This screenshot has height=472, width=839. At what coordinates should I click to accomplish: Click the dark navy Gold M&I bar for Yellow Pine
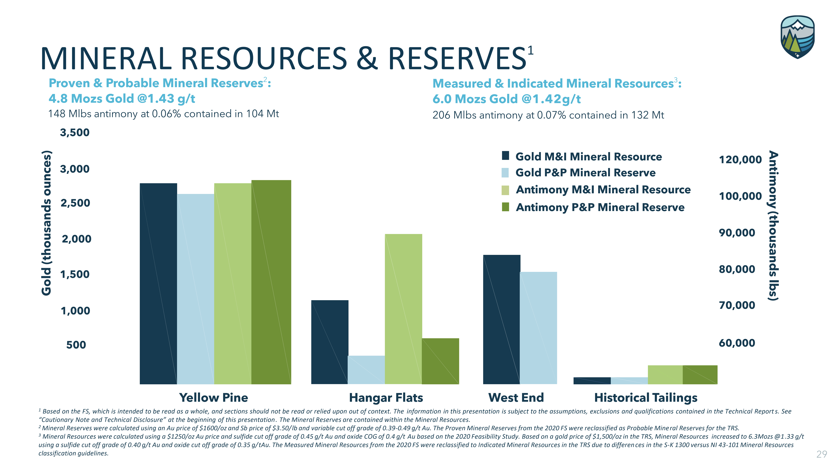[158, 283]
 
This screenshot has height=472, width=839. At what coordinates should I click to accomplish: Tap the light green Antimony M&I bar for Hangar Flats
[403, 309]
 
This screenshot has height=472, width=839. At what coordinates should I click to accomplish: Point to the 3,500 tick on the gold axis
[75, 133]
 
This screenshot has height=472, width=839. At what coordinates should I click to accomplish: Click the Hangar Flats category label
[386, 398]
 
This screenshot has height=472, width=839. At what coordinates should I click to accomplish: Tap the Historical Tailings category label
[646, 398]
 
